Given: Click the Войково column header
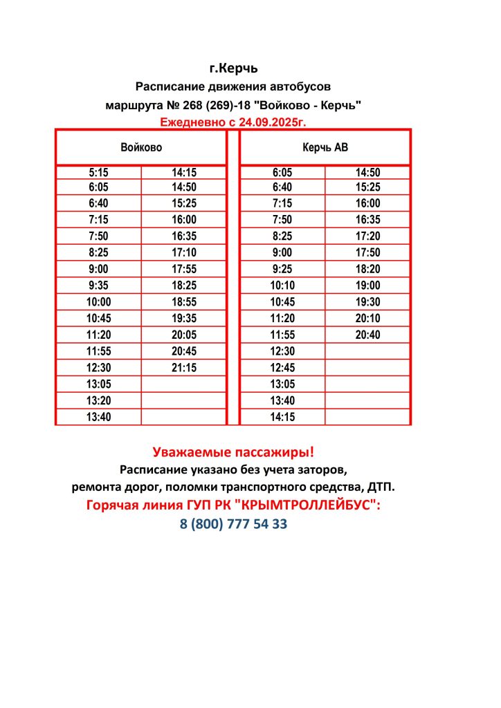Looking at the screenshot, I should [141, 147].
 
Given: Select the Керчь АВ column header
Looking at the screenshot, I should [325, 147].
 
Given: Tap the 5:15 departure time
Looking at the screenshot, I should [99, 173].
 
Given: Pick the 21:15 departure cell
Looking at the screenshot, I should [184, 368].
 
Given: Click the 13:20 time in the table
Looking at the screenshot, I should [99, 401].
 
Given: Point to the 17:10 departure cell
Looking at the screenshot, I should [184, 253].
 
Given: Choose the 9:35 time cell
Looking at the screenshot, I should [99, 286].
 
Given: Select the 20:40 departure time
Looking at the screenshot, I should [367, 335].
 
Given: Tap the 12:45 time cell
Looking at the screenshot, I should [282, 368].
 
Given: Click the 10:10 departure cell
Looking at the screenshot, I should [282, 286].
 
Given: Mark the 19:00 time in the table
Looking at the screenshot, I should [367, 286].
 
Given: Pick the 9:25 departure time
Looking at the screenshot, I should [282, 269].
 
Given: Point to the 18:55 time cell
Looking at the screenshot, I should [184, 302].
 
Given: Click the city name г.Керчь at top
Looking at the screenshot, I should [233, 68].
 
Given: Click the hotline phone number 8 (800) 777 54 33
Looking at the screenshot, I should [233, 524].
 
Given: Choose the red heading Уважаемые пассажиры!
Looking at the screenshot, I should [233, 453].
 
